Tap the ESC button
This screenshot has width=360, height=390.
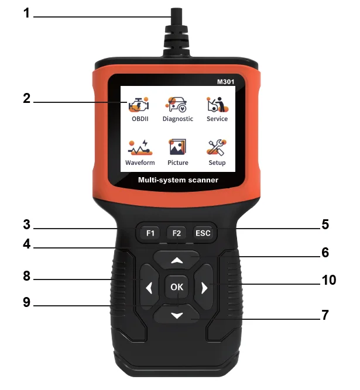pyautogui.click(x=203, y=233)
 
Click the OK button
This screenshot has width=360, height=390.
pyautogui.click(x=177, y=287)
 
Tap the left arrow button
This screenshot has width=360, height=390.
pyautogui.click(x=149, y=287)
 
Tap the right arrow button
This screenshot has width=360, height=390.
pyautogui.click(x=204, y=287)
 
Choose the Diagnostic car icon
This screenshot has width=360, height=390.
pyautogui.click(x=177, y=105)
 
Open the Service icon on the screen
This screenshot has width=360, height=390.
pyautogui.click(x=217, y=105)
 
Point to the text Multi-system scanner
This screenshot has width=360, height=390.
pyautogui.click(x=177, y=180)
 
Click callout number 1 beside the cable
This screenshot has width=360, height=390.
pyautogui.click(x=26, y=13)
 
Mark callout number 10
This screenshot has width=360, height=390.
pyautogui.click(x=328, y=280)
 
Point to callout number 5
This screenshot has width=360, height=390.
pyautogui.click(x=325, y=224)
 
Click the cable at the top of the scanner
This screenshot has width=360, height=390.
pyautogui.click(x=176, y=23)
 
